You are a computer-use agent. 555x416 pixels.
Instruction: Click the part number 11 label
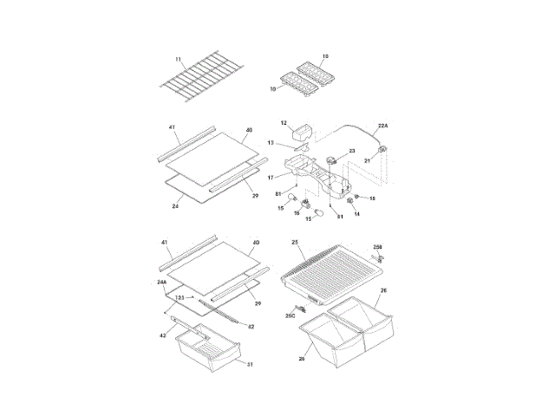[178, 59]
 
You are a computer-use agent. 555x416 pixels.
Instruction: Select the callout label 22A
[382, 126]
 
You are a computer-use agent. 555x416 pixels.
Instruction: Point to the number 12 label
[284, 123]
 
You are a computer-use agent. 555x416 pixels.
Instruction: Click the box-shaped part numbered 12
[304, 133]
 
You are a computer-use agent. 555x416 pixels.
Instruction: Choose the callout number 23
[352, 151]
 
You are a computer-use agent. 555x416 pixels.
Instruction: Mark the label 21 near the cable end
[366, 160]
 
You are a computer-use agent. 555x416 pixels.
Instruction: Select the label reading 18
[371, 198]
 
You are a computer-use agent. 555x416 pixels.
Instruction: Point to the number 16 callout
[297, 212]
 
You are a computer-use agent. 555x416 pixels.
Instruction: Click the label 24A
[162, 283]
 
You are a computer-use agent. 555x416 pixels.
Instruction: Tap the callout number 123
[180, 297]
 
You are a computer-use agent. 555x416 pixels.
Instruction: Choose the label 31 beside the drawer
[250, 365]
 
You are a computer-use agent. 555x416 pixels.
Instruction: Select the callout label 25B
[378, 247]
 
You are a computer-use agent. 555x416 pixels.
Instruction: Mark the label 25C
[291, 317]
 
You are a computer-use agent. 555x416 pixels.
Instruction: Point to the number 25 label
[295, 243]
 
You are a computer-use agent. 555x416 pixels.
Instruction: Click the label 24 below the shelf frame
[175, 206]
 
